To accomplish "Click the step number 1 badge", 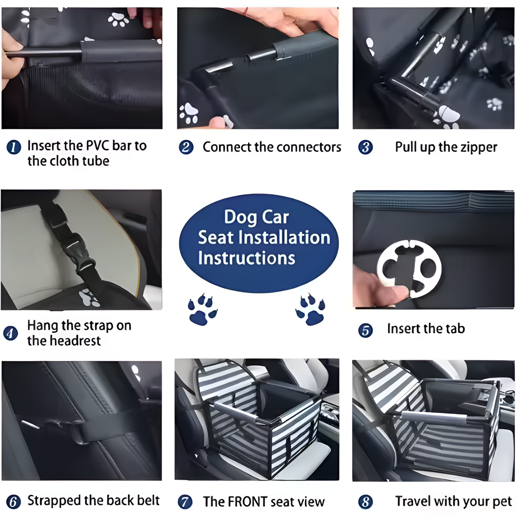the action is [x=14, y=147].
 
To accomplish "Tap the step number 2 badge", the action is [x=186, y=147].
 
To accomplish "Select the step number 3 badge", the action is [x=366, y=147].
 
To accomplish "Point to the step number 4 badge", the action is [x=11, y=333].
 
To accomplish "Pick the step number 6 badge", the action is [x=13, y=502].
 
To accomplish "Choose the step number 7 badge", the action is [x=185, y=502].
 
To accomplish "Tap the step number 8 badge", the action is [x=366, y=502].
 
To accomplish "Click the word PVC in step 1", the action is [x=98, y=146].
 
